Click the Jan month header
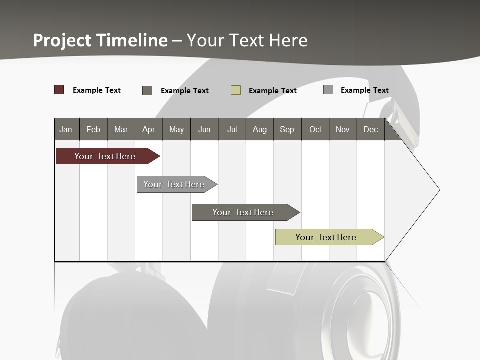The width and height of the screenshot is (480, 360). click(66, 129)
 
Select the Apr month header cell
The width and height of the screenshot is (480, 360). click(148, 129)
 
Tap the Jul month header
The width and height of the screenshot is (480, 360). click(232, 129)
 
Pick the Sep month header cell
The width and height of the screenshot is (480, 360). click(287, 129)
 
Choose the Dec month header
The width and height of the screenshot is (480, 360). click(370, 129)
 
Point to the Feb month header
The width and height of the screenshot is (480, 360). click(93, 129)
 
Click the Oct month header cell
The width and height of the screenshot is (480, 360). click(315, 129)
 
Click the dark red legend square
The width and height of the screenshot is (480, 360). click(59, 90)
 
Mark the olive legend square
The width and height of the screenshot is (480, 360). click(236, 90)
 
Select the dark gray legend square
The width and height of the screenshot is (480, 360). click(147, 90)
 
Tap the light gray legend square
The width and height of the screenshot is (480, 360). click(328, 90)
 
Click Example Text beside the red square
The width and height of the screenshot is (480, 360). click(97, 90)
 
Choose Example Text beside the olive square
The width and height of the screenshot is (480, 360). click(273, 91)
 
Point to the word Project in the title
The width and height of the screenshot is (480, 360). click(63, 40)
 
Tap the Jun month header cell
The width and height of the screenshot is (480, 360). click(204, 129)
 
